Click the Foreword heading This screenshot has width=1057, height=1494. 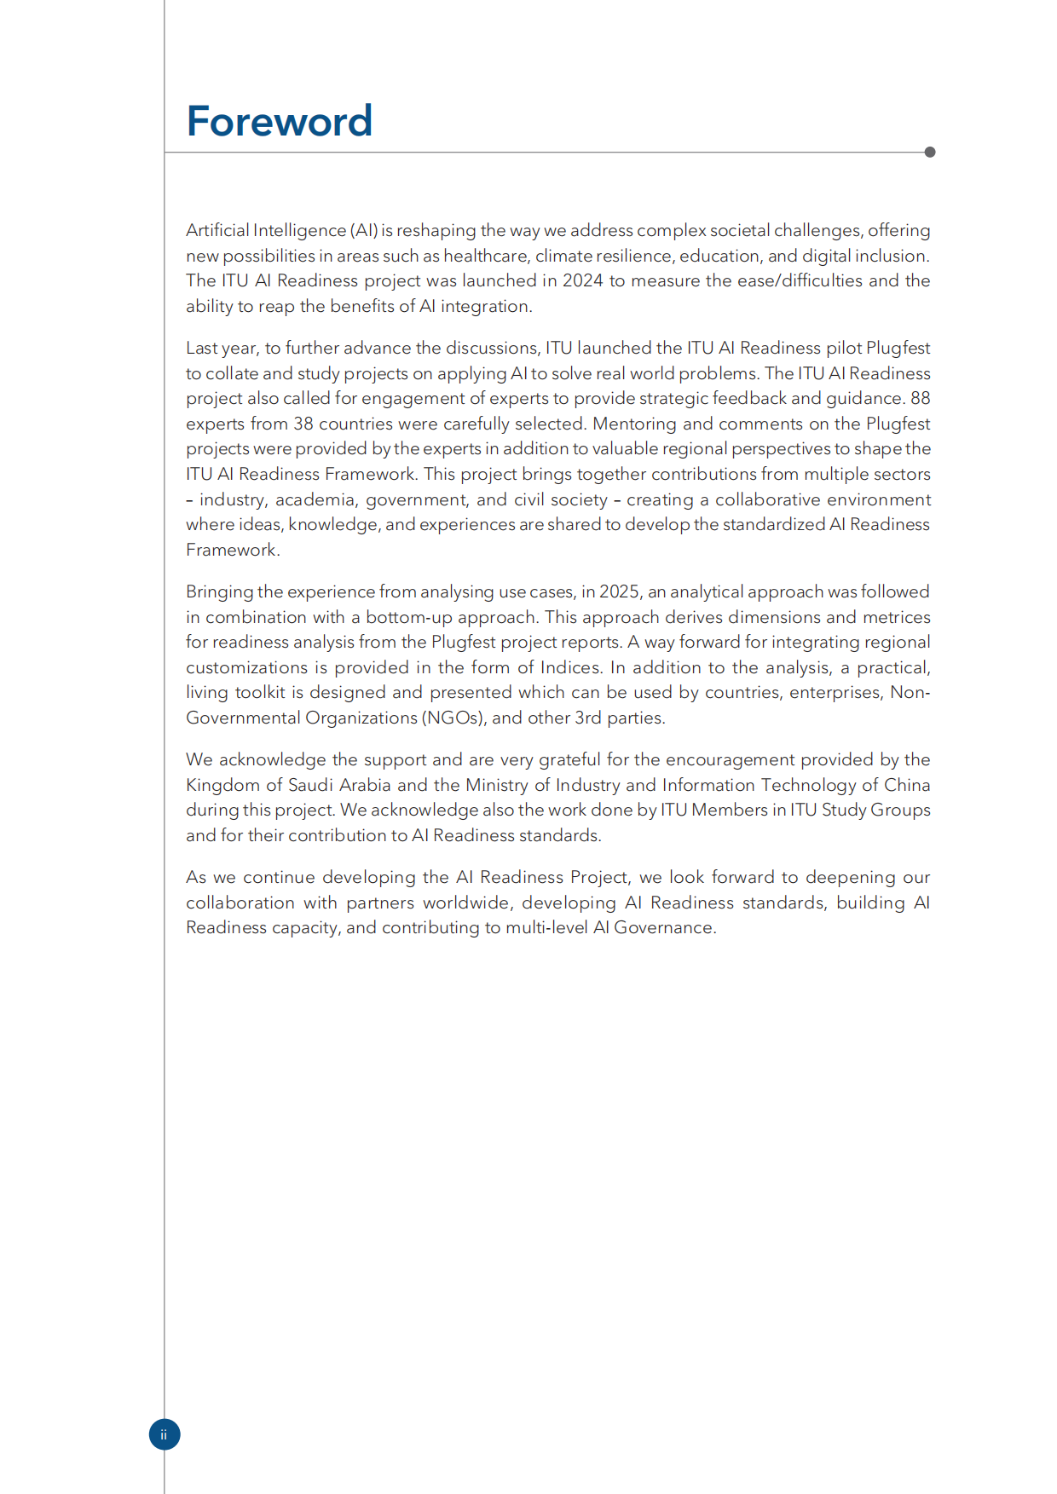[279, 121]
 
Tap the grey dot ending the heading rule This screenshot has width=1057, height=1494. [929, 152]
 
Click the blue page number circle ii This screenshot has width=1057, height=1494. [165, 1434]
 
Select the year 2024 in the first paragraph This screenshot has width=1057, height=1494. [582, 280]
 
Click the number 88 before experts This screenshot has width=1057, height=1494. [920, 398]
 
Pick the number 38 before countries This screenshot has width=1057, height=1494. [303, 424]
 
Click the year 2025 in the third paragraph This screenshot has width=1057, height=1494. [619, 591]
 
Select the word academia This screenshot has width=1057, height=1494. [315, 499]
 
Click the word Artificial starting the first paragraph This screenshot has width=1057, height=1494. [217, 230]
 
